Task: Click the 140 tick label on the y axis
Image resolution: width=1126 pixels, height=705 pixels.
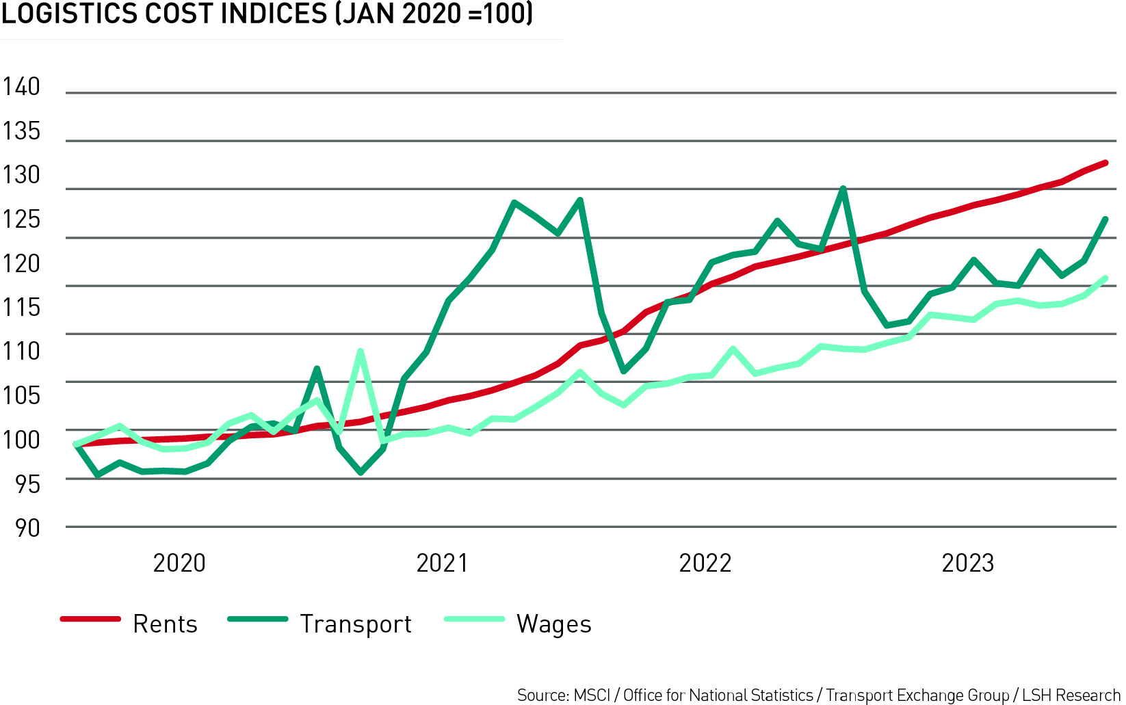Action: pyautogui.click(x=21, y=87)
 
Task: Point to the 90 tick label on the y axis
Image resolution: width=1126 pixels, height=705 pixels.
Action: pyautogui.click(x=27, y=528)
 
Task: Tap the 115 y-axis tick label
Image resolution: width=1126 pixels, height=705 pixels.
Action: pyautogui.click(x=21, y=307)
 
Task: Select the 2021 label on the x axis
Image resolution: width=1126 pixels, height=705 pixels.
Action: pyautogui.click(x=442, y=563)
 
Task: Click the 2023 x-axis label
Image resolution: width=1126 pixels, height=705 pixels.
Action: pyautogui.click(x=967, y=563)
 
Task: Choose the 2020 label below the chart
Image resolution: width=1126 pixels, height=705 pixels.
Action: pyautogui.click(x=179, y=563)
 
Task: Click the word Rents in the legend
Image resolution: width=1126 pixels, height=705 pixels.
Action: pyautogui.click(x=165, y=624)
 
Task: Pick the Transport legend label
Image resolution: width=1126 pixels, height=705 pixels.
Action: pyautogui.click(x=356, y=624)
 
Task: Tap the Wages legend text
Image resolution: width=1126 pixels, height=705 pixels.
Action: pyautogui.click(x=553, y=624)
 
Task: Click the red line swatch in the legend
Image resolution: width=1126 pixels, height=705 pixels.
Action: pyautogui.click(x=90, y=619)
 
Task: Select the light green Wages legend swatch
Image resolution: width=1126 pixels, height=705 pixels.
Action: pyautogui.click(x=474, y=619)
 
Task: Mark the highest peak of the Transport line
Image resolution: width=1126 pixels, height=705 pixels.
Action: pyautogui.click(x=843, y=189)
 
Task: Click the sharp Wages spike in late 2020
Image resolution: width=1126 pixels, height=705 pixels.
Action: pyautogui.click(x=361, y=351)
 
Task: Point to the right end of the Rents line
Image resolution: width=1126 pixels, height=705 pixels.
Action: pyautogui.click(x=1105, y=163)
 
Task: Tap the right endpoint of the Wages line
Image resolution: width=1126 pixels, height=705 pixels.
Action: pyautogui.click(x=1105, y=278)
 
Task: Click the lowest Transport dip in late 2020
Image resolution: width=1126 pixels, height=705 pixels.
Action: pyautogui.click(x=361, y=473)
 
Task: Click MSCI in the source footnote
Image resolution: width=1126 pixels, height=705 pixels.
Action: pyautogui.click(x=592, y=695)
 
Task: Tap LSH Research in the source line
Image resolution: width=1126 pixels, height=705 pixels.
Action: pyautogui.click(x=1071, y=695)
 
